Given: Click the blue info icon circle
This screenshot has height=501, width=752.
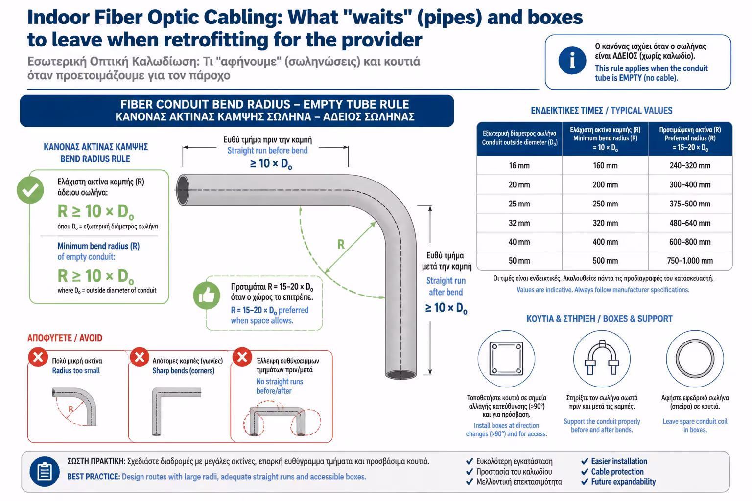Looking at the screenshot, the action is point(572,61).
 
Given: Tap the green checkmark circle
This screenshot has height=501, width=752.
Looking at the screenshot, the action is point(30,190).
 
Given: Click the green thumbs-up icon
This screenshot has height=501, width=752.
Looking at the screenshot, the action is point(207,296).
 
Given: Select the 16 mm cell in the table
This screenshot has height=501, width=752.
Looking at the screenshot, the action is point(519,165).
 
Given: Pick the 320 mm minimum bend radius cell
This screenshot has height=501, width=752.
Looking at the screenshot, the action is point(605,223).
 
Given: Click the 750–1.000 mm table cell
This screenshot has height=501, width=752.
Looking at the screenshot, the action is point(690,261).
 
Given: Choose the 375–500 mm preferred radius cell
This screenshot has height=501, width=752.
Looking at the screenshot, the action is point(690,204).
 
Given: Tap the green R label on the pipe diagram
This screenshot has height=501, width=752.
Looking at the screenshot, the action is point(341,244).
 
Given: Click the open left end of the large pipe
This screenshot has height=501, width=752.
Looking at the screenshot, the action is point(183,190).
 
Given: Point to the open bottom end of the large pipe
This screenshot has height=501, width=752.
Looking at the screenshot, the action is point(401,374).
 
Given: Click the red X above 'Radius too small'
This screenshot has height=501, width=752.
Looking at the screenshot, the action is point(38,357).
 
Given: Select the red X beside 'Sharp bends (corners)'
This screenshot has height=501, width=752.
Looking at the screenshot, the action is point(140,357).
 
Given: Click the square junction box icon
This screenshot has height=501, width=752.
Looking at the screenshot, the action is point(506,358).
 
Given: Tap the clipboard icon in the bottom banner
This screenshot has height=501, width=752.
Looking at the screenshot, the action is point(45,472).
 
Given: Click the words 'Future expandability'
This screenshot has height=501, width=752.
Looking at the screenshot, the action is point(623,482).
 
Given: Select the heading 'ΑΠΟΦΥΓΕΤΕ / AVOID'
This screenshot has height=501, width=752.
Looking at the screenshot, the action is point(65,338).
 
